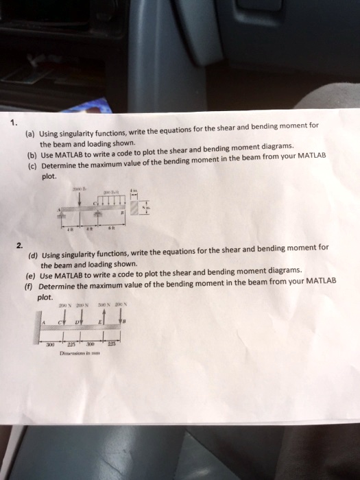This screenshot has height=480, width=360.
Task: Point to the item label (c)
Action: (32, 166)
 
